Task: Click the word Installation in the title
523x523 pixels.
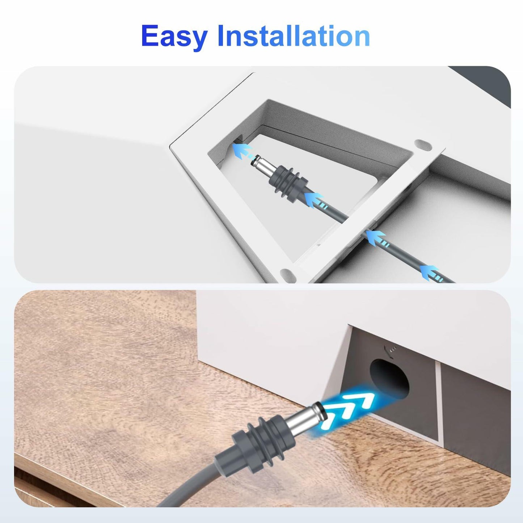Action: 294,36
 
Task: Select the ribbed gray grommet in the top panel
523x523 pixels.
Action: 289,185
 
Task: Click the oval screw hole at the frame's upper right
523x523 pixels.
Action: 423,145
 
